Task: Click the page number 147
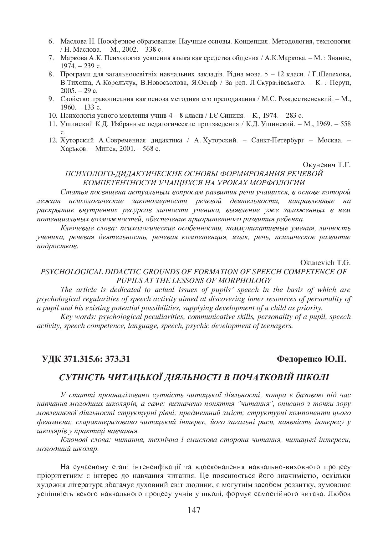tap(194, 510)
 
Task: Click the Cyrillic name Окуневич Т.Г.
tap(327, 165)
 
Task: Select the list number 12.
tap(52, 141)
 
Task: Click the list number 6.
tap(52, 41)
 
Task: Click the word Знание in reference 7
tap(339, 58)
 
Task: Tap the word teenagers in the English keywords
tap(277, 326)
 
